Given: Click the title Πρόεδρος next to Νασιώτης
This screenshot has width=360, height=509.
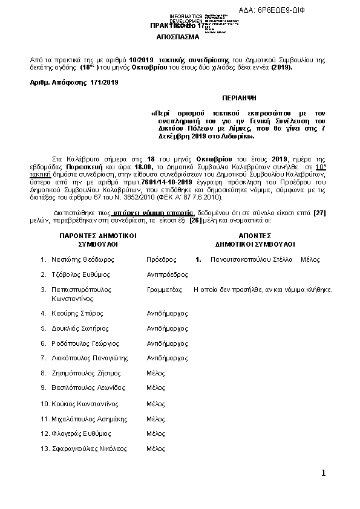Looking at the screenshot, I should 161,259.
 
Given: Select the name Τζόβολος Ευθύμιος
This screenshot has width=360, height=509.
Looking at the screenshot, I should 80,274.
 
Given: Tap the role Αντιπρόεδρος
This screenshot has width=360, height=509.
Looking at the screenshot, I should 165,274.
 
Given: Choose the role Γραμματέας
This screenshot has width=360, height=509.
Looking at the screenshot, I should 164,290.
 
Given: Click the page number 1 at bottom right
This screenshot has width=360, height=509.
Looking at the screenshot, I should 324,472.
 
